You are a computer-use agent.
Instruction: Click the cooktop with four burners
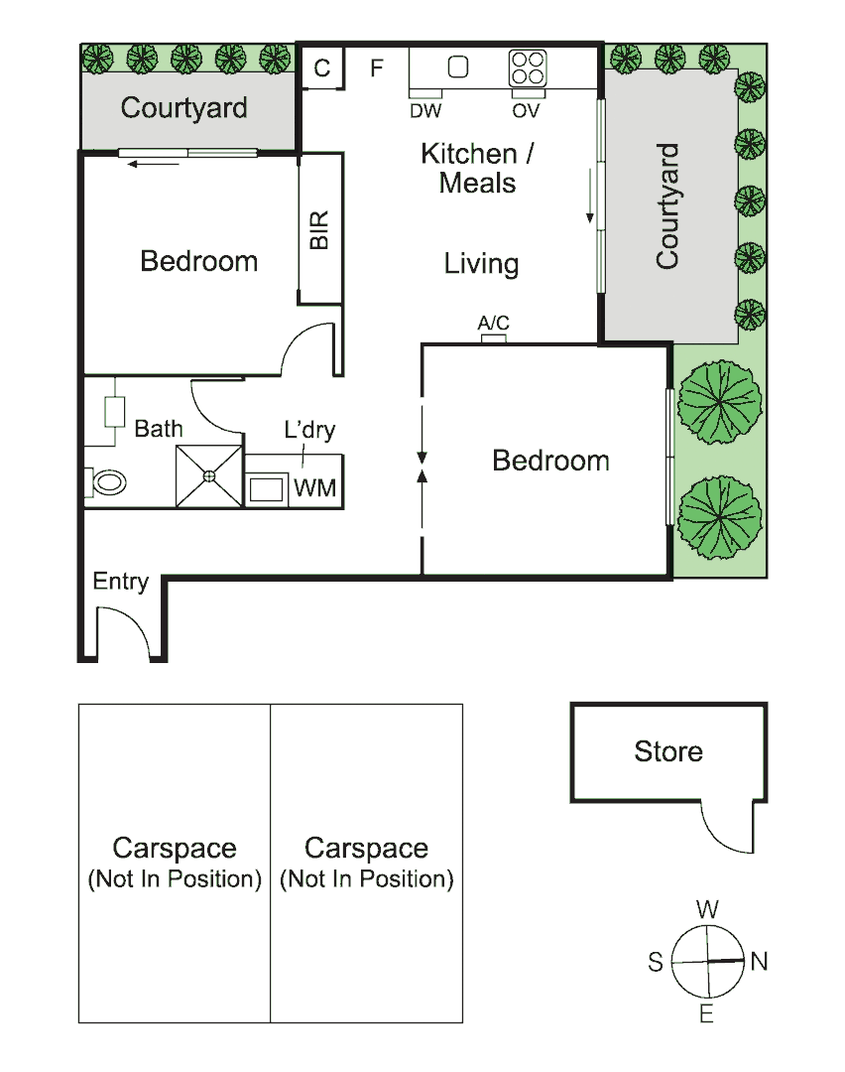528,67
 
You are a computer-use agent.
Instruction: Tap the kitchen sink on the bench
458,67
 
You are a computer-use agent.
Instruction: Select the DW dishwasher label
425,111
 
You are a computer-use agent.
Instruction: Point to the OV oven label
527,111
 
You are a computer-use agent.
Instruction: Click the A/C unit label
493,324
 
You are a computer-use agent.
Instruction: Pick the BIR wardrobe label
319,230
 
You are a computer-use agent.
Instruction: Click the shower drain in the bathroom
209,476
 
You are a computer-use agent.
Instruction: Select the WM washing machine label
314,488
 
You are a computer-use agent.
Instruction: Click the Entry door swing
122,631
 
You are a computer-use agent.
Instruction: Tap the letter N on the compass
760,961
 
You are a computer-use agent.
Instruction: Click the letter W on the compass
707,908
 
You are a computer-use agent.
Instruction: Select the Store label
668,751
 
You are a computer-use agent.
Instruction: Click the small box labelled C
322,68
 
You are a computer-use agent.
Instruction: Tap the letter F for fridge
376,68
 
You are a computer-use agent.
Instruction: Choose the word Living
481,264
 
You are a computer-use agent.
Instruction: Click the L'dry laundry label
309,430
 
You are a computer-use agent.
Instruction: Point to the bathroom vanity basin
115,411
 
